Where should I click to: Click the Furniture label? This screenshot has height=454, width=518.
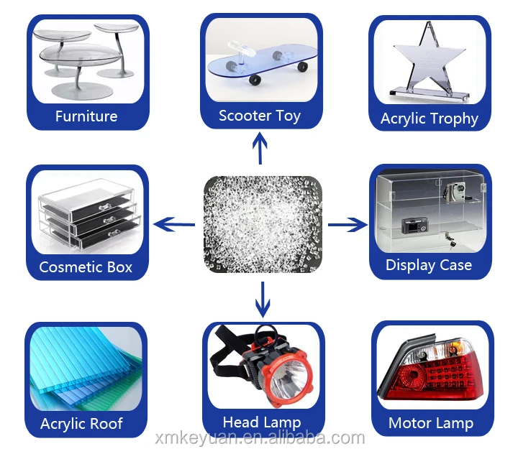(x=86, y=116)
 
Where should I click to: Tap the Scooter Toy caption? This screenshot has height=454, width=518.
(x=260, y=116)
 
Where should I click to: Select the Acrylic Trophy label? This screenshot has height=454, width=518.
(x=430, y=119)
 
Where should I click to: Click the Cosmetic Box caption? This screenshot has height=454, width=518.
(x=86, y=267)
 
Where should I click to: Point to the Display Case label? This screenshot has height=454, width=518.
(x=429, y=265)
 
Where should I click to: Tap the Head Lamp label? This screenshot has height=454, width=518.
(x=262, y=422)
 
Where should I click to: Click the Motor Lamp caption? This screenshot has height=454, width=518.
(x=431, y=423)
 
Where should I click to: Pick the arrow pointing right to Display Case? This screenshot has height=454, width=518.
(x=347, y=226)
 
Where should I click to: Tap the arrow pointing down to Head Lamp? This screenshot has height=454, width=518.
(x=262, y=299)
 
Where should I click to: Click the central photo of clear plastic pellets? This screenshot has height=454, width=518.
(x=262, y=224)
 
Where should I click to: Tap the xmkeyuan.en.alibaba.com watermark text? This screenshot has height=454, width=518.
(x=260, y=439)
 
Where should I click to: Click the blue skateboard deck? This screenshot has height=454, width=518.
(x=262, y=68)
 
